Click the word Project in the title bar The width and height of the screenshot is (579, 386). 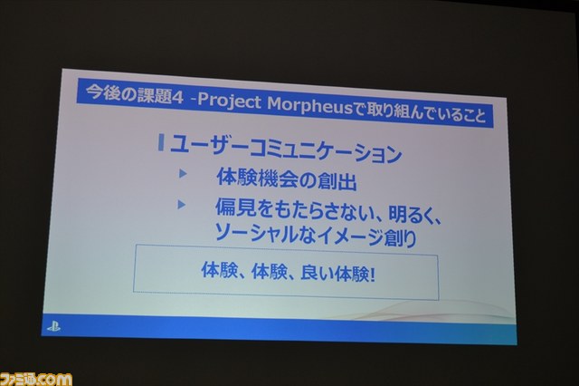point(229,101)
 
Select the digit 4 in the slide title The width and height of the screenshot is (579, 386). point(177,98)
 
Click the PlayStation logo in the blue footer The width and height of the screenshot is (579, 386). point(53,327)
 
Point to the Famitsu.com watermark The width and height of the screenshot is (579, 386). point(36,379)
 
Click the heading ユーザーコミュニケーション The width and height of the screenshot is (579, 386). point(286,149)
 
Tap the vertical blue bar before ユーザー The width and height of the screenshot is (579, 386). point(161,143)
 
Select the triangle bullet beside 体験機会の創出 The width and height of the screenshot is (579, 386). point(183,173)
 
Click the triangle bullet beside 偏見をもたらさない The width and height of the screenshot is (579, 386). point(181,204)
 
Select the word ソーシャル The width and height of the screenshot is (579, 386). point(252,233)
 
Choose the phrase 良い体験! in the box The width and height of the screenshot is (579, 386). point(338,275)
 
